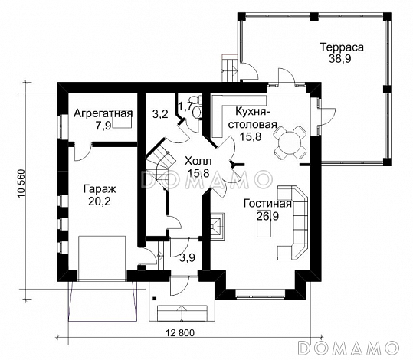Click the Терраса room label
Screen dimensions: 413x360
tap(342, 47)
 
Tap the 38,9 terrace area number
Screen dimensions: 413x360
tap(339, 59)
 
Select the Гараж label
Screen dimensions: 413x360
tap(100, 189)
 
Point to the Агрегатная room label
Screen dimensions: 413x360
tap(103, 113)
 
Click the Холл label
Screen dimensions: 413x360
tap(198, 161)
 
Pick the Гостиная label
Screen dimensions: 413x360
tap(267, 204)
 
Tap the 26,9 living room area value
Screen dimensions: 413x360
tap(267, 216)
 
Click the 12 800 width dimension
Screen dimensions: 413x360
tap(180, 333)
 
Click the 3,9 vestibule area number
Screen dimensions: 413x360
tap(187, 257)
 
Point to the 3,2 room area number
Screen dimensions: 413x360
tap(160, 114)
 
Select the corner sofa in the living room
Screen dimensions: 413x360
tap(293, 223)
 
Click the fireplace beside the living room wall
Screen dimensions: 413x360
tap(218, 227)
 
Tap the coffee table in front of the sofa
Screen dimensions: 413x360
tap(264, 224)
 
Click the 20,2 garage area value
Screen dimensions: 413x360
tap(100, 201)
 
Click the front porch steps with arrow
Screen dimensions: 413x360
tap(182, 313)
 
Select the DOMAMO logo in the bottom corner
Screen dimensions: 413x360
tap(348, 347)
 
